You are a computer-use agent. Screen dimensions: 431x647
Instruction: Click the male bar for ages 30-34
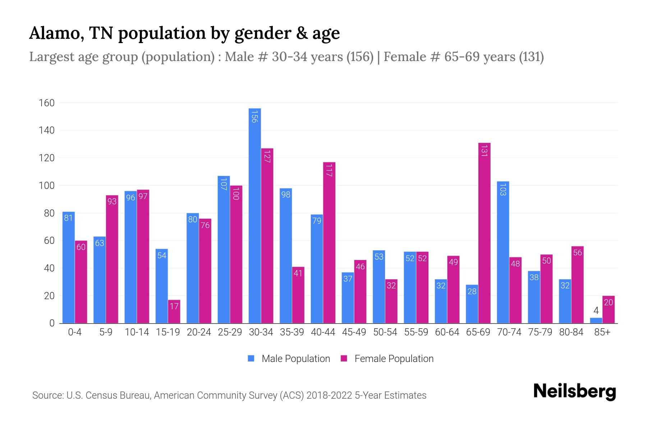point(254,215)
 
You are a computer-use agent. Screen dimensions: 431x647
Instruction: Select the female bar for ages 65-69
point(484,233)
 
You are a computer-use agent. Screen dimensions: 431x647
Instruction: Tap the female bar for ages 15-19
point(174,312)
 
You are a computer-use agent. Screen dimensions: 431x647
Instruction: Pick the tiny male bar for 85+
point(596,320)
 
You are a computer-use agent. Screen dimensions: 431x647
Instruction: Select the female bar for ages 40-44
point(329,243)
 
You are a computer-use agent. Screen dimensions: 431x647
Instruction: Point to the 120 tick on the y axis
point(47,158)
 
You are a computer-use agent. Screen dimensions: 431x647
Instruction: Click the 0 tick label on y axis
point(52,323)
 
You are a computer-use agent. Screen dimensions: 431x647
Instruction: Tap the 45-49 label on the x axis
point(354,332)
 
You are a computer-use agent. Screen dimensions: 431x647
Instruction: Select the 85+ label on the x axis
point(602,332)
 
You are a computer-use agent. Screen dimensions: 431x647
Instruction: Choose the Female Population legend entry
point(387,358)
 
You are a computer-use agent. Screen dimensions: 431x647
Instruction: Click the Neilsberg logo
point(574,391)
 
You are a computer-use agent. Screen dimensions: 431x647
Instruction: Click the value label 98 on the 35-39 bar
point(286,195)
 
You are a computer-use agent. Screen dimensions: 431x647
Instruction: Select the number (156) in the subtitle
point(360,57)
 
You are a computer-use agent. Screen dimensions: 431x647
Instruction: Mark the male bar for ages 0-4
point(69,268)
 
